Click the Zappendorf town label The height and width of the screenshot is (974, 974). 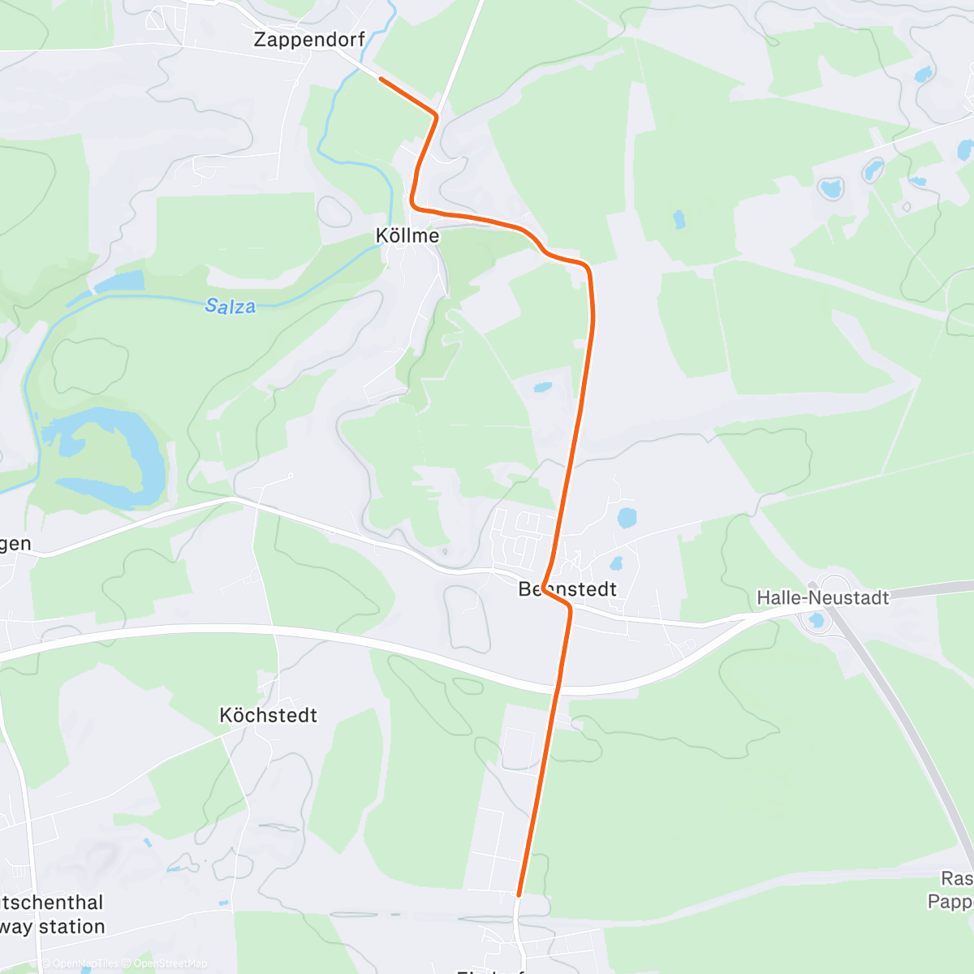tap(309, 39)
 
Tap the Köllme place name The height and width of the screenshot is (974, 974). tap(407, 235)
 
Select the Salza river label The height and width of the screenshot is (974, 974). tap(231, 306)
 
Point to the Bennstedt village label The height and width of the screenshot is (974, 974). tap(568, 589)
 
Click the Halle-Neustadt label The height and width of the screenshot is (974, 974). tap(823, 598)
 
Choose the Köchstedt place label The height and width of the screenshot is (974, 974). tap(268, 715)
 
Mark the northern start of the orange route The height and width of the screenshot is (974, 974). tap(380, 79)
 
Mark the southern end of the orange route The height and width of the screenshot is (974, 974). tap(519, 894)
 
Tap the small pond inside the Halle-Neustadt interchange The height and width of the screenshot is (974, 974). tap(817, 621)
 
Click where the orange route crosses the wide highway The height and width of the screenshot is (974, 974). tap(558, 687)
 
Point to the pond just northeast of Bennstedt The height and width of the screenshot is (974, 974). tap(627, 517)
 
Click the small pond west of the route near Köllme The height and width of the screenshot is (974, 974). tap(542, 387)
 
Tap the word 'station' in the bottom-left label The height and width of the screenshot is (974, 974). tap(72, 927)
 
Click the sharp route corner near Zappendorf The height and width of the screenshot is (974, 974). tap(437, 116)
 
